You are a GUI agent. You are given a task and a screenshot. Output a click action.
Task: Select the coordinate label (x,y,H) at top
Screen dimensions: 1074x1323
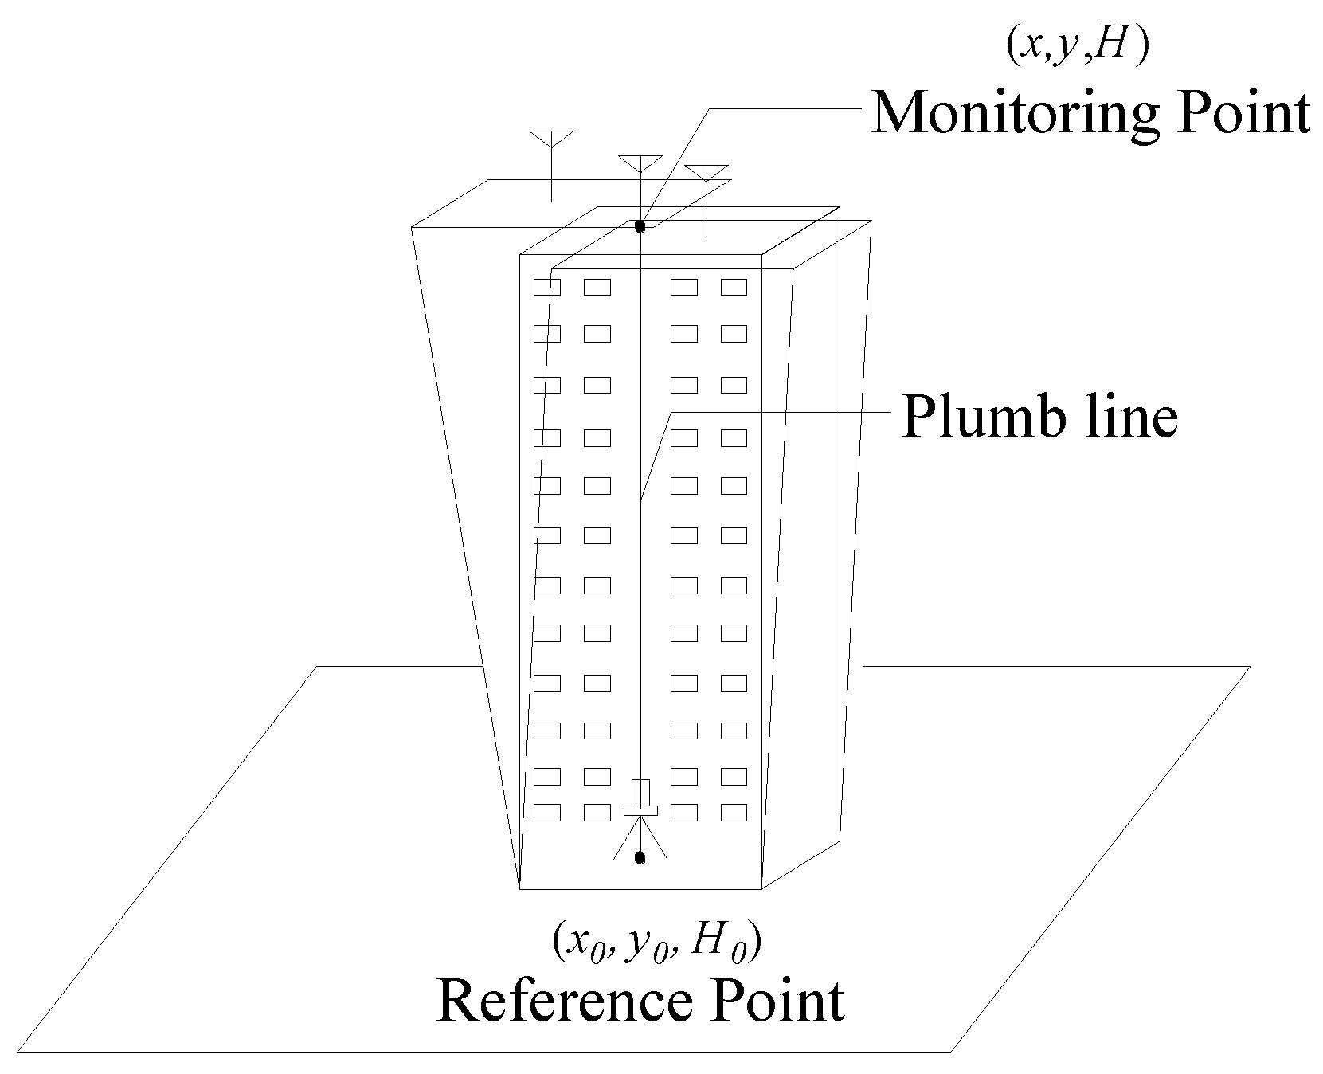click(1075, 48)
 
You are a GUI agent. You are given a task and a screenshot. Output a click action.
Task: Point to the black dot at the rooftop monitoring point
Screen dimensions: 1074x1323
click(640, 227)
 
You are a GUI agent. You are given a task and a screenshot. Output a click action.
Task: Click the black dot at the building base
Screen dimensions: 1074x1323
click(640, 857)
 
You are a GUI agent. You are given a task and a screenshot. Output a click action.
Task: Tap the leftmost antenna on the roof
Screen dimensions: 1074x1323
click(551, 140)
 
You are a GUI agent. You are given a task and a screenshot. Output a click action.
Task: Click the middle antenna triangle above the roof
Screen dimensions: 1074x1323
click(640, 164)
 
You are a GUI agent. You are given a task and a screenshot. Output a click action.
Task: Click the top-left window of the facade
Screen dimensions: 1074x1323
click(546, 287)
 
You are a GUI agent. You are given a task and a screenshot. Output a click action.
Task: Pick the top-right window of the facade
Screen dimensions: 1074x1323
click(734, 287)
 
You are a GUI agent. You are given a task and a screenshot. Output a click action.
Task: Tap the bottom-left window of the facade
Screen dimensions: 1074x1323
click(546, 813)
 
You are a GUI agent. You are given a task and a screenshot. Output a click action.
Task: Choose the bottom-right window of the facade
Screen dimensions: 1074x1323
click(734, 813)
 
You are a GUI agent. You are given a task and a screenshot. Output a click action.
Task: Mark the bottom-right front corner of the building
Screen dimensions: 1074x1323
click(762, 888)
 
